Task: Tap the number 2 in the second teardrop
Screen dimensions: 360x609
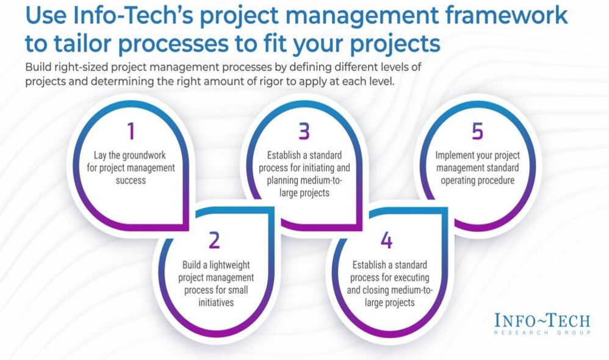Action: (214, 240)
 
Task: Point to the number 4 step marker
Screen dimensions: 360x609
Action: (386, 240)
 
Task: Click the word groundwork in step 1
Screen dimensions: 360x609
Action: (145, 156)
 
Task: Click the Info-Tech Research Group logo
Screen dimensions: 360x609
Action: (542, 323)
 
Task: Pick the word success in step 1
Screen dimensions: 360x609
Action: (131, 180)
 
